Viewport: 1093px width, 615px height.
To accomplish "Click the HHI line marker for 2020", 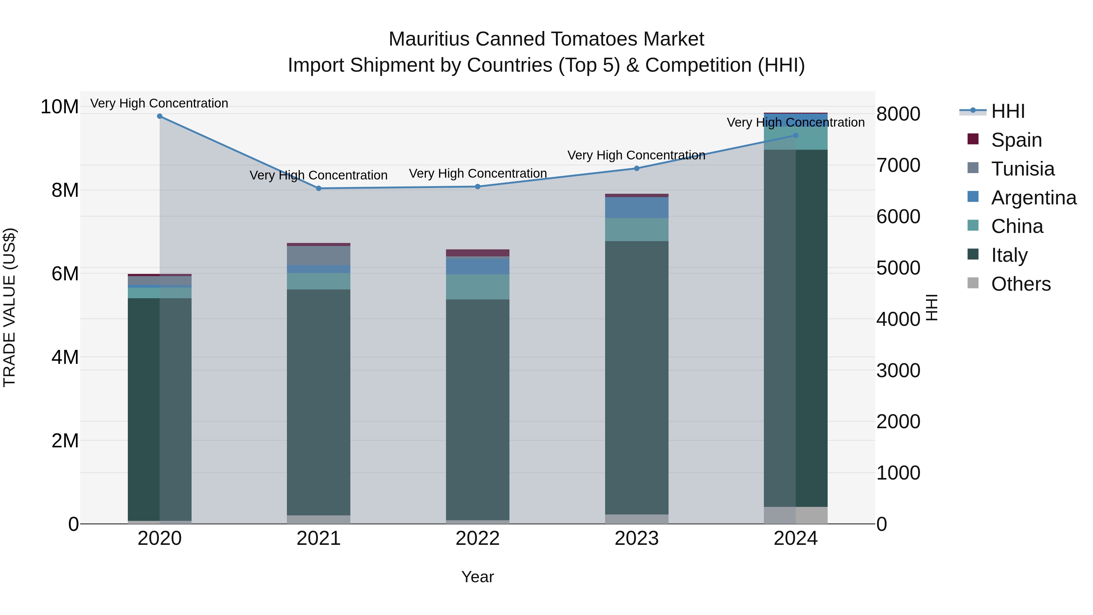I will [159, 116].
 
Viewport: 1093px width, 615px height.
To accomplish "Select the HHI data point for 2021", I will [319, 188].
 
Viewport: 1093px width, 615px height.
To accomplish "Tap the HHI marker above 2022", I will [478, 187].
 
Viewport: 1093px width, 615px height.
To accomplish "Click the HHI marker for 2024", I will [795, 135].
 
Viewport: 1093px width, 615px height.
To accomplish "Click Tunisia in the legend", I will [1022, 169].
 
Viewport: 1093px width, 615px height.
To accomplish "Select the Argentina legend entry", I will [1033, 198].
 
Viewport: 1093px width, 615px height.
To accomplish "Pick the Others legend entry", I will [1020, 284].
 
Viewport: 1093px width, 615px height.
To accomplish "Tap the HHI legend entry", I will [1008, 111].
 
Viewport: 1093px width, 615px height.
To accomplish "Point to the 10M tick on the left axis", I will [60, 107].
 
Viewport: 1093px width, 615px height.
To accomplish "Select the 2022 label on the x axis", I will [478, 538].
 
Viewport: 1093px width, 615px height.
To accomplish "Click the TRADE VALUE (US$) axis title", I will [9, 307].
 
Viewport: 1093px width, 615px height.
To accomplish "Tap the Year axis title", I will [478, 577].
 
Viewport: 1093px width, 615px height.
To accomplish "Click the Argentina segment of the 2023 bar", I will [636, 207].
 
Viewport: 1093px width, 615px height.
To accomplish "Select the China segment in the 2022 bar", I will [478, 287].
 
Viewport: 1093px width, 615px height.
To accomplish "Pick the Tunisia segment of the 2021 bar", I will [319, 255].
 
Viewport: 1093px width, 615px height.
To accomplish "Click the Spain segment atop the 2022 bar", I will [478, 253].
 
